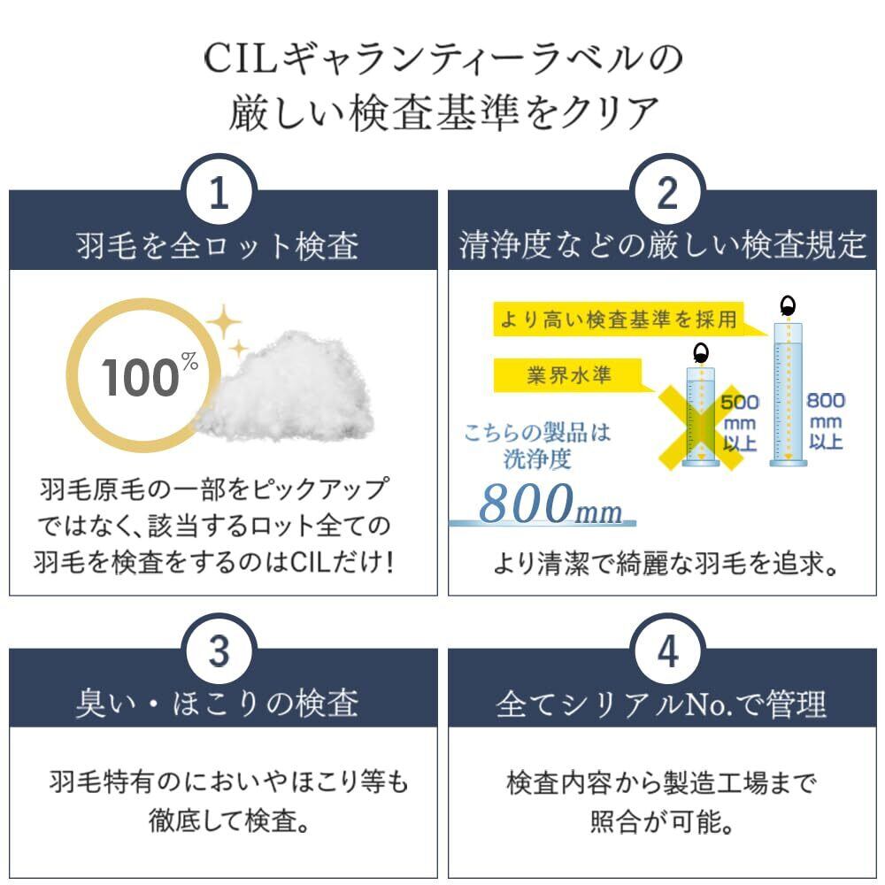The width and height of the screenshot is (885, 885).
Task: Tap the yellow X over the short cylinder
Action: point(700,420)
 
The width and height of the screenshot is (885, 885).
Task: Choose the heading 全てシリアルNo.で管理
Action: point(663,704)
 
